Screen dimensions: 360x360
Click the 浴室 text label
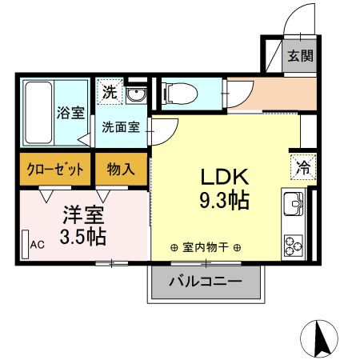[x=70, y=113]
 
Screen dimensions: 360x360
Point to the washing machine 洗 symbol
[x=110, y=91]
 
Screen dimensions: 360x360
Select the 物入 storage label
[x=121, y=169]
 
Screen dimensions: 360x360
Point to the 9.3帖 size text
[x=225, y=200]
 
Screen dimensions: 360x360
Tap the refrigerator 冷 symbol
[x=302, y=167]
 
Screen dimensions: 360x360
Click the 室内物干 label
[x=206, y=247]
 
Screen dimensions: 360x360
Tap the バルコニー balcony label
[x=206, y=282]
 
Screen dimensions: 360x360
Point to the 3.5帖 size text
[x=83, y=237]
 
